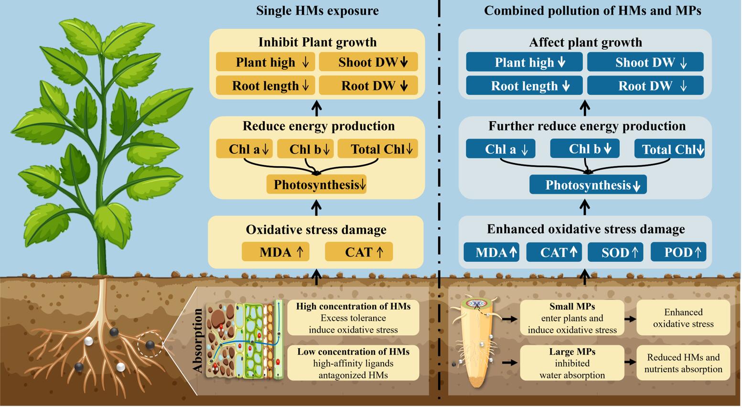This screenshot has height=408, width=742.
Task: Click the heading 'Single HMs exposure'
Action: (317, 11)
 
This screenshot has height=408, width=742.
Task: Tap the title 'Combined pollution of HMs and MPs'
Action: (592, 11)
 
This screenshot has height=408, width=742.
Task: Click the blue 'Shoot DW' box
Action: (645, 62)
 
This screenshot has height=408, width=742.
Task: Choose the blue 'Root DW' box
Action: (645, 86)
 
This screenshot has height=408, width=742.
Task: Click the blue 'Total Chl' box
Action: (669, 149)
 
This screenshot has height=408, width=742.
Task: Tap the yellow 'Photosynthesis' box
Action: (316, 184)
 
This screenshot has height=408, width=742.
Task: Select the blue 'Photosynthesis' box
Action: (588, 185)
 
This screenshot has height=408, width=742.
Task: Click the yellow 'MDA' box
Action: (275, 252)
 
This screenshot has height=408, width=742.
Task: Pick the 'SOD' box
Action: (615, 252)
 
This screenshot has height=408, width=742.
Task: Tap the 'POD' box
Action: (678, 252)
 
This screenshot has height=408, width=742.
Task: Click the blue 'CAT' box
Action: (554, 252)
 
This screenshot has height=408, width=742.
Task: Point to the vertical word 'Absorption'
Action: (198, 340)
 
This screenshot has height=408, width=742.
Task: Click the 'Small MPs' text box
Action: (572, 318)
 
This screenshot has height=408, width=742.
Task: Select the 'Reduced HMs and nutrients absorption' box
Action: (683, 363)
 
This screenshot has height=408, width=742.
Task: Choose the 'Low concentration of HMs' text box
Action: (353, 363)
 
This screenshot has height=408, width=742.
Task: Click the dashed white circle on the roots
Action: (150, 344)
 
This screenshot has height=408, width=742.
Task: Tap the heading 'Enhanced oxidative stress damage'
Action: (586, 229)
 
